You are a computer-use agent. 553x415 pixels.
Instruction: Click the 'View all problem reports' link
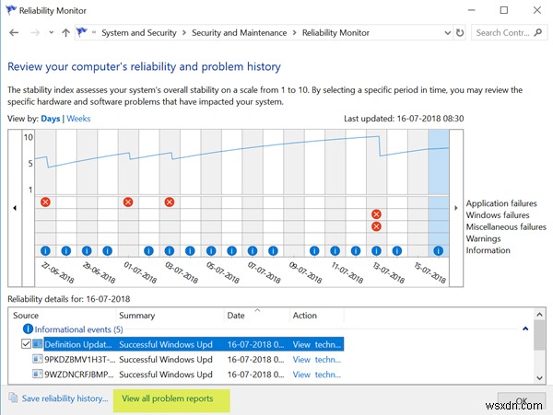point(168,398)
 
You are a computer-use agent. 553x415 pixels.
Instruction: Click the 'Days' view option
point(51,119)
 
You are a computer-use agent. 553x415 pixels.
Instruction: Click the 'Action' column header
point(304,316)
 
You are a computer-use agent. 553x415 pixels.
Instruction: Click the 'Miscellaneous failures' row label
point(506,226)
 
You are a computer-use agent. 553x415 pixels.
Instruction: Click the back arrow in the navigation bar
point(13,33)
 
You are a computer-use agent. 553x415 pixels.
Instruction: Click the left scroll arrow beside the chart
point(15,207)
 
